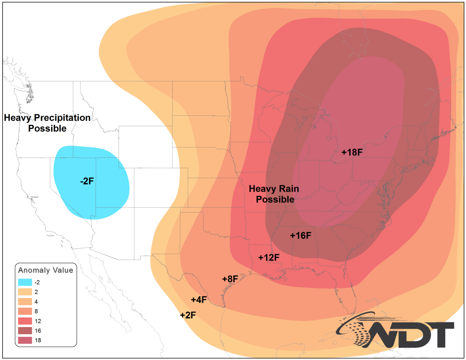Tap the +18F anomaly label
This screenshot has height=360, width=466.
(352, 152)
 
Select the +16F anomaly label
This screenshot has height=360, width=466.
(301, 235)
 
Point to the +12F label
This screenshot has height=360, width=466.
(269, 257)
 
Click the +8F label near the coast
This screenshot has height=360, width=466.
(230, 279)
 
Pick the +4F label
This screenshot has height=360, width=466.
(199, 299)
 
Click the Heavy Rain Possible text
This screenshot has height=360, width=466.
(274, 194)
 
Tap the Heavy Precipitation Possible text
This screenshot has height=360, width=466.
(47, 123)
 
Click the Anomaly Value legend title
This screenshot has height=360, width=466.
(45, 270)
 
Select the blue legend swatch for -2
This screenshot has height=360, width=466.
(25, 282)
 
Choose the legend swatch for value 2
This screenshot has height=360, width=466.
(25, 292)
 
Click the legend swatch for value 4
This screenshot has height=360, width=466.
(25, 302)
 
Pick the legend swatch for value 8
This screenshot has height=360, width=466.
(25, 311)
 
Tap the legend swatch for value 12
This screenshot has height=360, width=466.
(25, 321)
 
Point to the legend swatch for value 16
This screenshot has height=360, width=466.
(25, 331)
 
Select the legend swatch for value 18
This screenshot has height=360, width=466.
(25, 341)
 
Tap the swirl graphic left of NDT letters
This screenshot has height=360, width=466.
(360, 332)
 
